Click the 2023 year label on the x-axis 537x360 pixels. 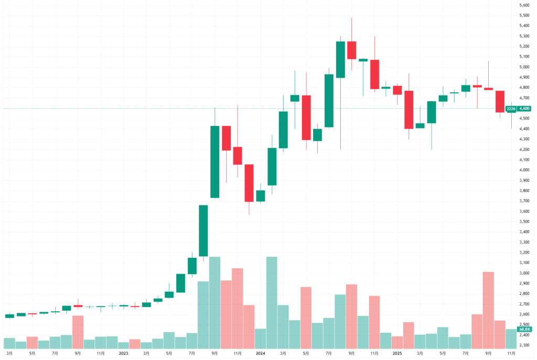123,354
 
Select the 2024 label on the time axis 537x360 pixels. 260,354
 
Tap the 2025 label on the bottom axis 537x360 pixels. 397,354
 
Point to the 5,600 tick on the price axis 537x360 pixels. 524,5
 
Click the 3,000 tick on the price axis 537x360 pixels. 524,273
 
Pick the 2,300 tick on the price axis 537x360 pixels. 524,345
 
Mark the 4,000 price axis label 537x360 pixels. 524,170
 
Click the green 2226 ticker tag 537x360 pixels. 511,108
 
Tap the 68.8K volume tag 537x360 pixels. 524,329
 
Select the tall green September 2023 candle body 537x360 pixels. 214,161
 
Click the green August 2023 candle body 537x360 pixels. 203,231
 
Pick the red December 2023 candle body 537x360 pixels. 249,183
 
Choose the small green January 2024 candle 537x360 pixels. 260,196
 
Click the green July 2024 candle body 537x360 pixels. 329,101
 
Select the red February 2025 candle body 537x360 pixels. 409,110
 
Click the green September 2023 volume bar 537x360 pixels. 214,303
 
